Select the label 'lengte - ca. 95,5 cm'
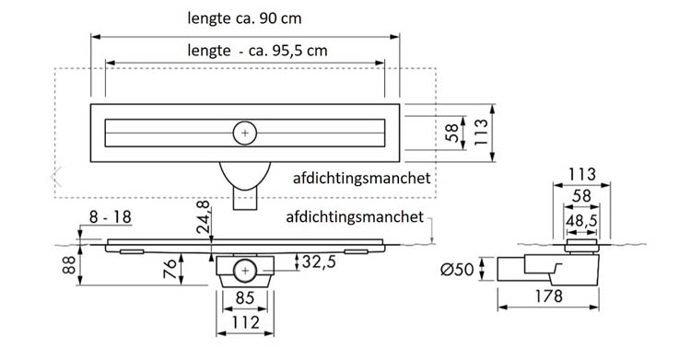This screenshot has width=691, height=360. (x=243, y=52)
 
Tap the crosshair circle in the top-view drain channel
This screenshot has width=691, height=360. (x=244, y=133)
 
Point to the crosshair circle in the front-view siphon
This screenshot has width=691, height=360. (x=244, y=272)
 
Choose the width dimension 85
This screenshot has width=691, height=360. (x=244, y=298)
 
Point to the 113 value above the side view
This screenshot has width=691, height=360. (x=581, y=174)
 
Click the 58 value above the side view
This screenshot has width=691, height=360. (x=580, y=197)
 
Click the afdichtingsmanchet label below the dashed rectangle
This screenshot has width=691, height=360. (x=355, y=217)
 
